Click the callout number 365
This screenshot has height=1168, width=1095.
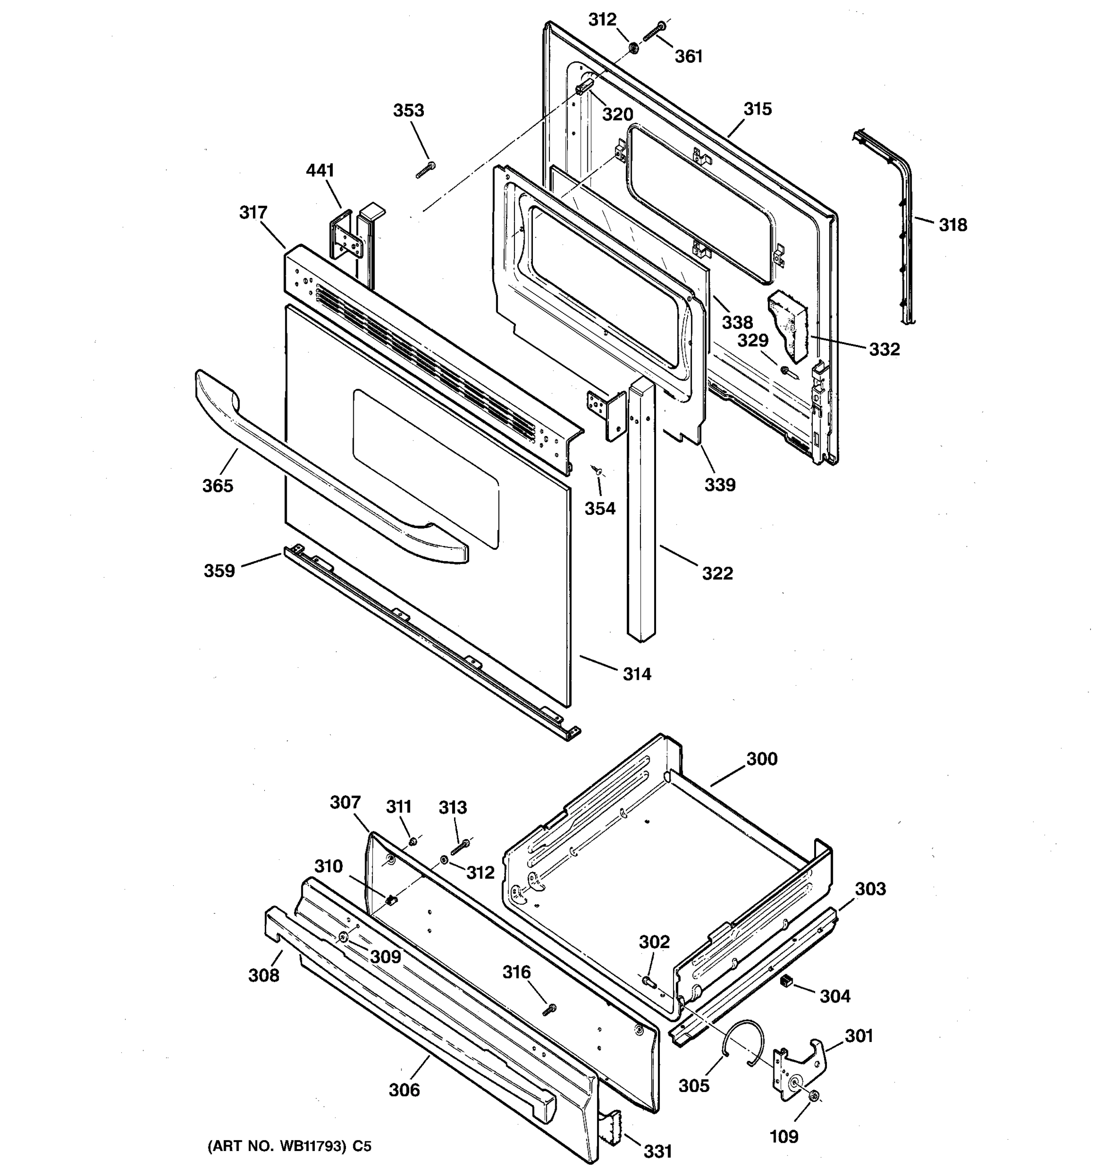(218, 486)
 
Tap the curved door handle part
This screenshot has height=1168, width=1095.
(329, 470)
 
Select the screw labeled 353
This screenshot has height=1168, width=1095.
(425, 170)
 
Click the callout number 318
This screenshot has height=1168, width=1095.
(952, 224)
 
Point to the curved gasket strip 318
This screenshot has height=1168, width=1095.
(905, 223)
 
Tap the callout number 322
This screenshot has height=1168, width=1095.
(717, 573)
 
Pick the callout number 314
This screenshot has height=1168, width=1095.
(637, 674)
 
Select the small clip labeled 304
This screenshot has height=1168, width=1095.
(786, 981)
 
